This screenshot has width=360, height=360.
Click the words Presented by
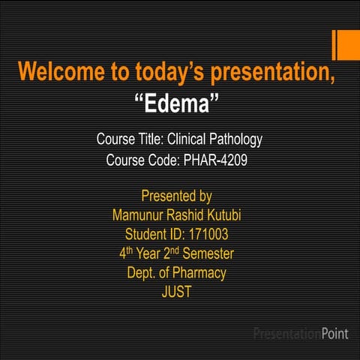coord(176,196)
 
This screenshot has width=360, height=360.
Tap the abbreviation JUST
coord(177,292)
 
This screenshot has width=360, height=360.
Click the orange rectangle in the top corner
coord(346,45)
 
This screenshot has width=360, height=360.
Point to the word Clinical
coord(185,139)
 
